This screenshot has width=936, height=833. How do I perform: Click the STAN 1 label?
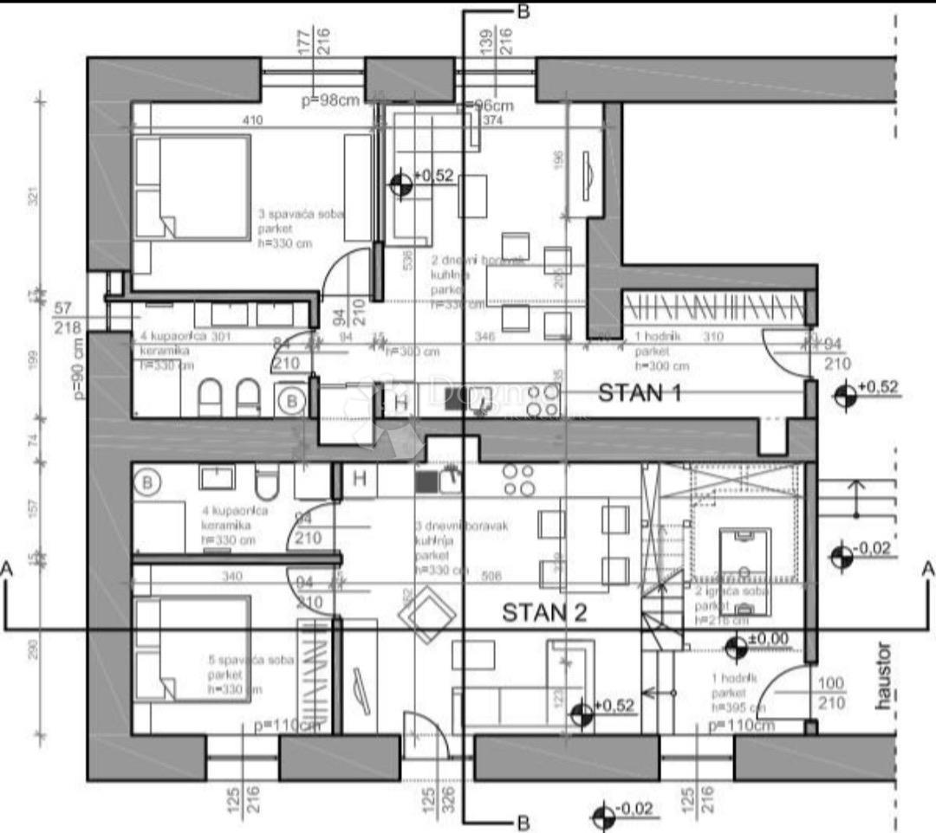tap(640, 394)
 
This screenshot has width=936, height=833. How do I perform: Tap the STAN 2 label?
tap(545, 613)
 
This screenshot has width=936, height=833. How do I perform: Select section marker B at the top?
tap(523, 11)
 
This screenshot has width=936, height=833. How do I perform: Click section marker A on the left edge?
tap(8, 569)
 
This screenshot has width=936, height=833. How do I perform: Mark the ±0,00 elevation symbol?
tap(736, 645)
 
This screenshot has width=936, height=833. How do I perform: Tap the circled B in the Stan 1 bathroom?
tap(293, 400)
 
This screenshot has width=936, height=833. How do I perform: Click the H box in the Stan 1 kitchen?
tap(401, 401)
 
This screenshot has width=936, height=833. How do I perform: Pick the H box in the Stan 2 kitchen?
tap(360, 478)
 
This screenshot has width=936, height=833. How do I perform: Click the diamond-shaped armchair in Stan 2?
tap(426, 616)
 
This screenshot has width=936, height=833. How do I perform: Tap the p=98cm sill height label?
tap(330, 100)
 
